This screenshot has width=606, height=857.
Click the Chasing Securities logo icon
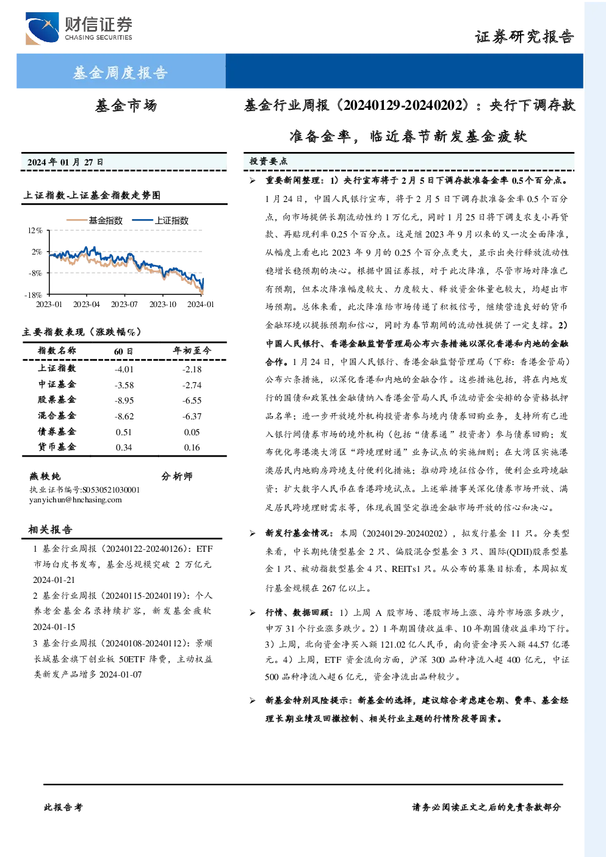(42, 28)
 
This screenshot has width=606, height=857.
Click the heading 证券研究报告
(524, 37)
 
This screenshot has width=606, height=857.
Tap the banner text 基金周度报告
(120, 73)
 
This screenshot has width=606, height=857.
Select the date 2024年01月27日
(65, 162)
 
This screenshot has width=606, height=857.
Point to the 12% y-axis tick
(35, 230)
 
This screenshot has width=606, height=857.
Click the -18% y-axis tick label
(34, 295)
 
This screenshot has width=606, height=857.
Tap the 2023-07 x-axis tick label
(124, 304)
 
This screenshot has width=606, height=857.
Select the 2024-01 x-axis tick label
(200, 304)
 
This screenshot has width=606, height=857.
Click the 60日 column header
(123, 351)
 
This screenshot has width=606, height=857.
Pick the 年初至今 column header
(192, 350)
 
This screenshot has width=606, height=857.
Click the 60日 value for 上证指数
(124, 369)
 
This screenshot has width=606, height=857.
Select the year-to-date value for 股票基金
(192, 400)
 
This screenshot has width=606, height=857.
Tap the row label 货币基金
(57, 447)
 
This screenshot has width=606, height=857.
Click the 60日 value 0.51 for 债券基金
(123, 432)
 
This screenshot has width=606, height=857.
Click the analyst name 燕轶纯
(45, 476)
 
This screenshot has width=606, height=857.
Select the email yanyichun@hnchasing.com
(75, 500)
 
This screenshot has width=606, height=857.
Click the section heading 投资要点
(268, 162)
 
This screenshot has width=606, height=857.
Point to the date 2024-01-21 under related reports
(54, 580)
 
